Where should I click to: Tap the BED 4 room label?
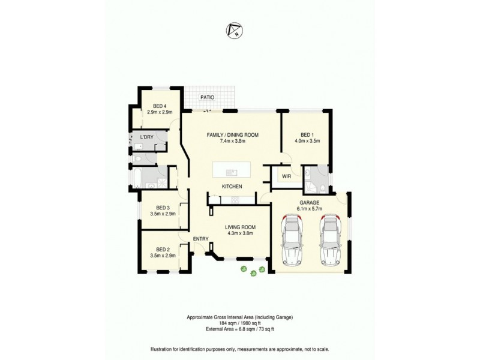tap(160, 106)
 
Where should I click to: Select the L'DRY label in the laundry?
tap(147, 138)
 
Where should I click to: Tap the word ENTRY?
tap(200, 239)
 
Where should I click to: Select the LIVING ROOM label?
tap(241, 227)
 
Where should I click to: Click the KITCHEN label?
tap(232, 187)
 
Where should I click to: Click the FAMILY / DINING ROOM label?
tap(232, 136)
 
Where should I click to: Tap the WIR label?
tap(286, 177)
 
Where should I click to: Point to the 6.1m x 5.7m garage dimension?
tap(311, 209)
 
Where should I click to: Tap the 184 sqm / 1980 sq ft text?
tap(240, 322)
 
